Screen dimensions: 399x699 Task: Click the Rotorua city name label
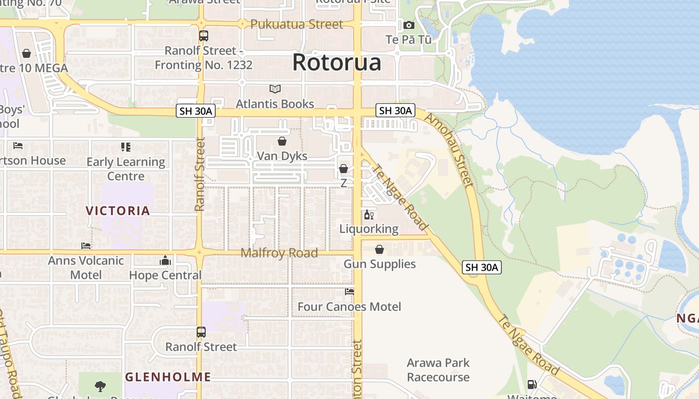coord(337,62)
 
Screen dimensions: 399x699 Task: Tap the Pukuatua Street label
coord(297,24)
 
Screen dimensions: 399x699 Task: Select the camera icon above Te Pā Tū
coord(408,25)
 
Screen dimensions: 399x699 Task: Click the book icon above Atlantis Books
coord(275,89)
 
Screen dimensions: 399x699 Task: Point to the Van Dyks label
coord(282,156)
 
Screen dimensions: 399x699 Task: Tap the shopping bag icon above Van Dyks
coord(282,141)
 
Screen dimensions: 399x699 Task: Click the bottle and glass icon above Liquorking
coord(369,215)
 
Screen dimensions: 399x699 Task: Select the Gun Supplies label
coord(379,264)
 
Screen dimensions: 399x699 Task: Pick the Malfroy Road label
coord(279,253)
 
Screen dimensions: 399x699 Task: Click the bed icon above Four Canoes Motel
coord(349,292)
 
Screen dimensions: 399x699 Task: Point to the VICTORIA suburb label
coord(118,210)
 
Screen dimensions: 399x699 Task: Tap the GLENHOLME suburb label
coord(168,377)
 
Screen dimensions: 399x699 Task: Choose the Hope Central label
coord(165,275)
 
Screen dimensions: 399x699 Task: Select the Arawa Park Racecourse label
coord(438,370)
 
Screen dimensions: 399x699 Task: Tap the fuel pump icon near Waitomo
coord(532,385)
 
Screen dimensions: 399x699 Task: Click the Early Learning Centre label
coord(126,169)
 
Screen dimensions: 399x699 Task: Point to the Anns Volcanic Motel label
coord(86,267)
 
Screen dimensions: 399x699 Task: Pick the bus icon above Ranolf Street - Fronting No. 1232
coord(203,36)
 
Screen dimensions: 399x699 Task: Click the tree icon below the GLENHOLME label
coord(100,386)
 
